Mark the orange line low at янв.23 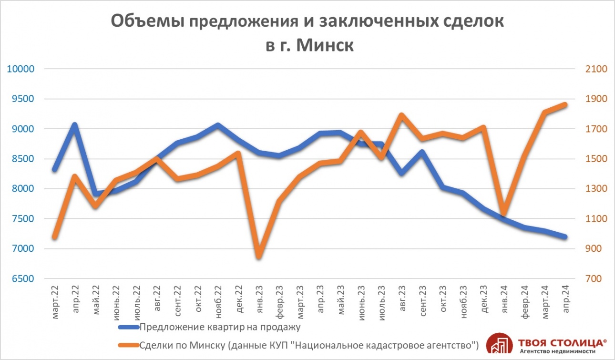259,257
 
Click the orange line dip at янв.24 504,214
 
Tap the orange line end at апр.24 565,104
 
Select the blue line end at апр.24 565,237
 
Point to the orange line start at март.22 54,237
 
